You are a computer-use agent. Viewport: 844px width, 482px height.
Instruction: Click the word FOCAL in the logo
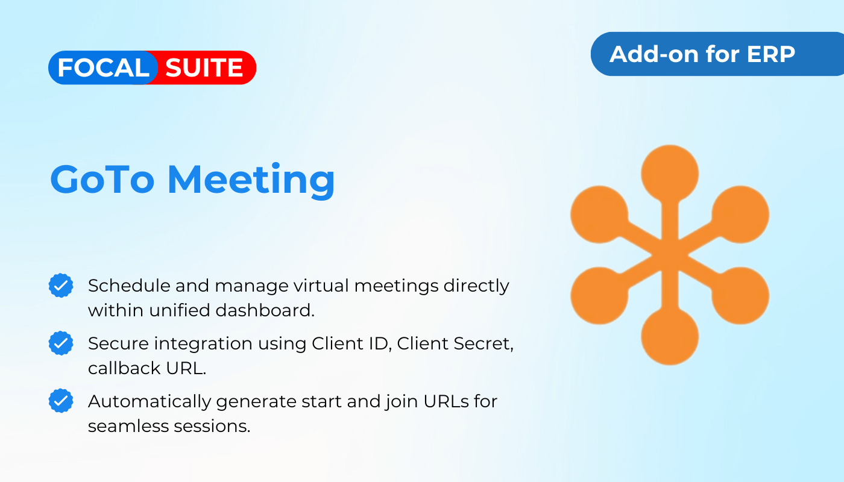pyautogui.click(x=103, y=67)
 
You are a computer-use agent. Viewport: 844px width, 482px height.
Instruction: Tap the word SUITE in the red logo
pyautogui.click(x=204, y=67)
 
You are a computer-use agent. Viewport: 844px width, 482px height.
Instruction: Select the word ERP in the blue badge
pyautogui.click(x=770, y=54)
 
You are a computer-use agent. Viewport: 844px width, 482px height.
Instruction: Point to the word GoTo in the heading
pyautogui.click(x=102, y=180)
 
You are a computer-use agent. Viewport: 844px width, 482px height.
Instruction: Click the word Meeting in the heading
pyautogui.click(x=251, y=181)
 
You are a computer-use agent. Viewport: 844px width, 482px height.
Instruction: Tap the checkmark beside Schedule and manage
pyautogui.click(x=61, y=286)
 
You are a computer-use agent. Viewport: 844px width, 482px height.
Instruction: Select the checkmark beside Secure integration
pyautogui.click(x=61, y=343)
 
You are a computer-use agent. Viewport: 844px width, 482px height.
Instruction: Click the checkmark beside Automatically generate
pyautogui.click(x=61, y=401)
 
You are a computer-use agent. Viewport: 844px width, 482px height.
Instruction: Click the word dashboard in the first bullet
pyautogui.click(x=265, y=310)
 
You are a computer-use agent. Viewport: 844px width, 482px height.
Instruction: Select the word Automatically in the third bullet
pyautogui.click(x=150, y=402)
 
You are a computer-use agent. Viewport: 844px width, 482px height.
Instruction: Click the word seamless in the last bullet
pyautogui.click(x=128, y=426)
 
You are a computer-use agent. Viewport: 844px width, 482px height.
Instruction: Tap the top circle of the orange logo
pyautogui.click(x=670, y=174)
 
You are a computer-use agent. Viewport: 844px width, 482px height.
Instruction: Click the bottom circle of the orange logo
pyautogui.click(x=670, y=336)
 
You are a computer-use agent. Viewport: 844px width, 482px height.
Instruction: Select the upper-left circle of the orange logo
pyautogui.click(x=599, y=214)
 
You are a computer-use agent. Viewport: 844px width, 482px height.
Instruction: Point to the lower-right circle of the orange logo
pyautogui.click(x=740, y=296)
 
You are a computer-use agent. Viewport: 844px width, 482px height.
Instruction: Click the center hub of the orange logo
pyautogui.click(x=670, y=255)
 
